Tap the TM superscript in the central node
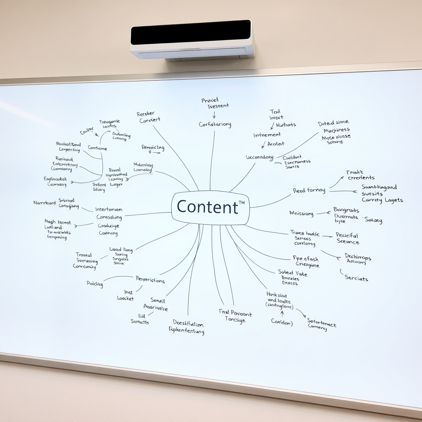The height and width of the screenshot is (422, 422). coord(241,202)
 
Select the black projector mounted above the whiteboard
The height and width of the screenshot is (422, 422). coord(192,39)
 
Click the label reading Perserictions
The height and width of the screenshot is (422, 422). coord(150,280)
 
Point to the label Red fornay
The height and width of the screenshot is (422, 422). coord(309,191)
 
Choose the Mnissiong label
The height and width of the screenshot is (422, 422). coord(301,213)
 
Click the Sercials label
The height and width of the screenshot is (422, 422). coord(356,278)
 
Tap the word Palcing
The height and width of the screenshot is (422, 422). coord(95,284)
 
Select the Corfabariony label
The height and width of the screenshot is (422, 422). coord(215,124)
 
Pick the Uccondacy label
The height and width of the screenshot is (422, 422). coord(260,157)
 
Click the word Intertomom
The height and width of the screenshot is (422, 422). coord(109,209)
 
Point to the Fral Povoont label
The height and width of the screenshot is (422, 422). coord(235,313)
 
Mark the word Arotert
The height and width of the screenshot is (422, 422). coord(276,144)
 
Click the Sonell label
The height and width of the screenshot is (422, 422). coord(157,300)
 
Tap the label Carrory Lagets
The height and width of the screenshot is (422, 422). coord(382,200)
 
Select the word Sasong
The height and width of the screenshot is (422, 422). coord(373,220)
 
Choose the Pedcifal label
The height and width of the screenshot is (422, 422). coord(347,235)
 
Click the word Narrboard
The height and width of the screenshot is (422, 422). coord(45,203)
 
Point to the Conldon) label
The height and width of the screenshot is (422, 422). coord(282,322)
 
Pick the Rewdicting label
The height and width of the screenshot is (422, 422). coord(153,148)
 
